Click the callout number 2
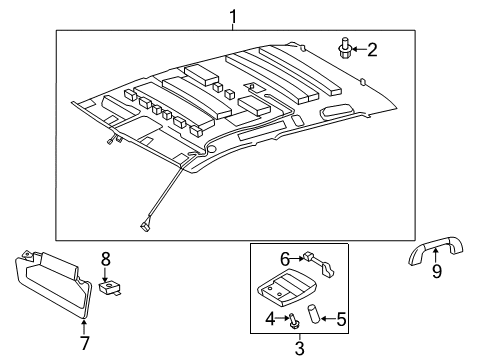pyautogui.click(x=371, y=48)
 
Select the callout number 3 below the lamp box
pyautogui.click(x=299, y=347)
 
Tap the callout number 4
pyautogui.click(x=268, y=319)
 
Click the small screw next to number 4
pyautogui.click(x=291, y=321)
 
